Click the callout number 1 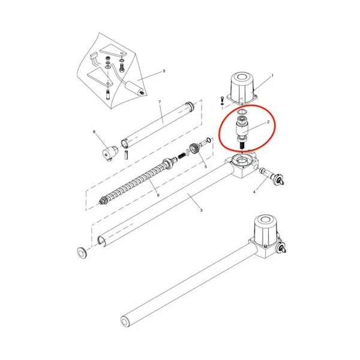click(x=272, y=76)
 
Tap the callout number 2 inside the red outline click(x=268, y=122)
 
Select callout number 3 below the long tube click(x=201, y=210)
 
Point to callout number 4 click(x=254, y=192)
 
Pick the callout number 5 click(x=206, y=166)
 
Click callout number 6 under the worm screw click(x=158, y=196)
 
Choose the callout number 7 click(x=160, y=102)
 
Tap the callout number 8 click(x=94, y=132)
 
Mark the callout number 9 click(x=164, y=71)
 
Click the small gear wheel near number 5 click(x=194, y=148)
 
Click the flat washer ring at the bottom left click(x=82, y=253)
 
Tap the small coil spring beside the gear click(x=182, y=155)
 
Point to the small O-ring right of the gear click(x=209, y=140)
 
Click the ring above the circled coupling click(x=242, y=112)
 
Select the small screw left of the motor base click(x=222, y=99)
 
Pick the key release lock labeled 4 click(x=272, y=176)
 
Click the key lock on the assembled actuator click(x=282, y=249)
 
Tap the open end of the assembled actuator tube click(x=126, y=321)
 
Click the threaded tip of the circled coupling click(x=242, y=146)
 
